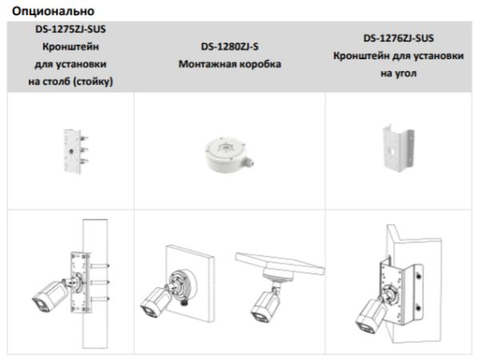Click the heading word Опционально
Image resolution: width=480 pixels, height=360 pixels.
coord(49,11)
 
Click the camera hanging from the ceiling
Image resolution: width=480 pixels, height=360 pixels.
coord(263,302)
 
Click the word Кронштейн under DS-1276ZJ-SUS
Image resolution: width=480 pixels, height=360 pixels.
coord(359,55)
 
